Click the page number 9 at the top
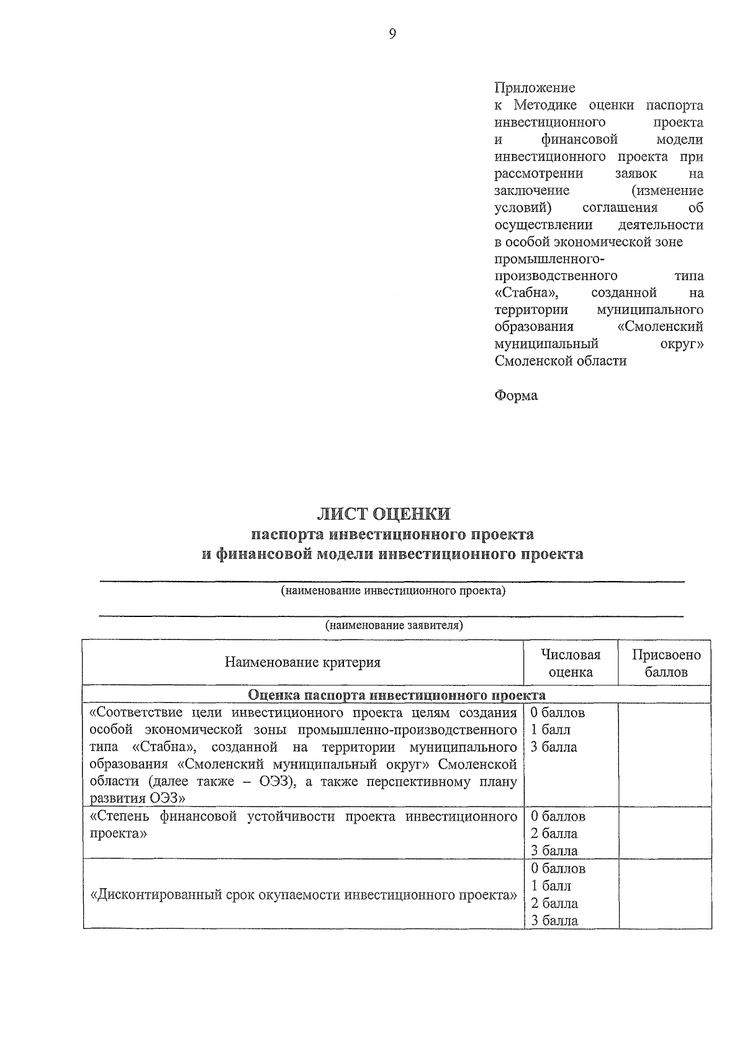point(392,35)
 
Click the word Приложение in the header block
point(535,88)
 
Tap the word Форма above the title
point(516,395)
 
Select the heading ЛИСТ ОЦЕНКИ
point(383,513)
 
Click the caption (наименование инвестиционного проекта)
point(393,591)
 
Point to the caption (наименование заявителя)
point(394,625)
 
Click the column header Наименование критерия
point(302,662)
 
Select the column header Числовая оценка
point(571,663)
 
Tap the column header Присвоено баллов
point(666,663)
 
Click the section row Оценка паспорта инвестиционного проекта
point(396,695)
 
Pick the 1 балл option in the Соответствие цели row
point(551,730)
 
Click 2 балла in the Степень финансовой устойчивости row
point(554,834)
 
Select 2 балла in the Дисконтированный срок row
point(554,903)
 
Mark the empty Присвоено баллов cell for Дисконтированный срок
point(665,894)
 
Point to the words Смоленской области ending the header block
point(561,361)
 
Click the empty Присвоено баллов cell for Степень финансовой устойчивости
point(665,833)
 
